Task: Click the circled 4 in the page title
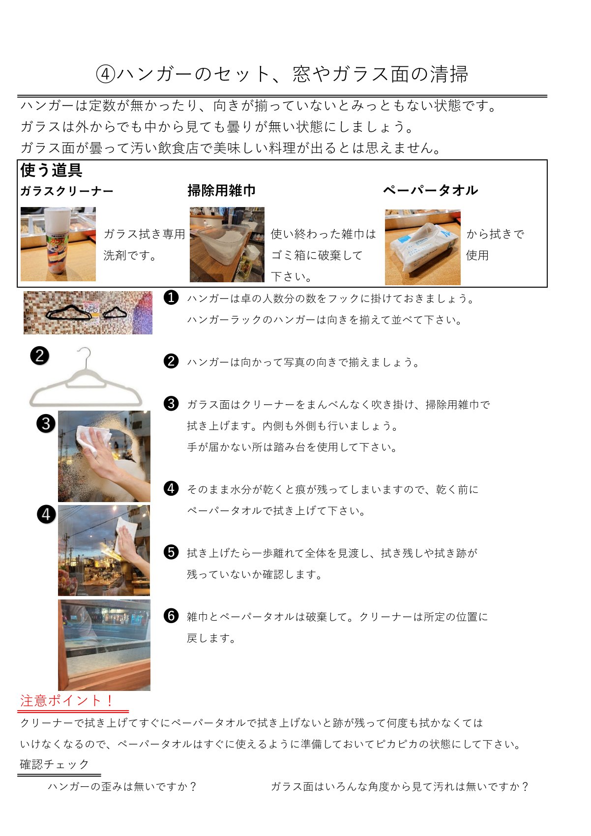[105, 74]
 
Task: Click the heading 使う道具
[51, 170]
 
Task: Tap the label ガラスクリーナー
[67, 191]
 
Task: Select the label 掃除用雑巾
[221, 191]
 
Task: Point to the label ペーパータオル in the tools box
[430, 190]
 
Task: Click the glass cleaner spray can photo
[58, 244]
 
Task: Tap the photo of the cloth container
[227, 244]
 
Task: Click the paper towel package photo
[423, 247]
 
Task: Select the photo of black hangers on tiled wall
[88, 313]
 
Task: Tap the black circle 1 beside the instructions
[171, 298]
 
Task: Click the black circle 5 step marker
[171, 552]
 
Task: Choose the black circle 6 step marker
[171, 616]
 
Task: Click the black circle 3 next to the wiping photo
[46, 423]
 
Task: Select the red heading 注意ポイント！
[67, 701]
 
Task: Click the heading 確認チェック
[55, 764]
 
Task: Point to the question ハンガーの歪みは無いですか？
[122, 786]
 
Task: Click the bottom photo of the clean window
[104, 645]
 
